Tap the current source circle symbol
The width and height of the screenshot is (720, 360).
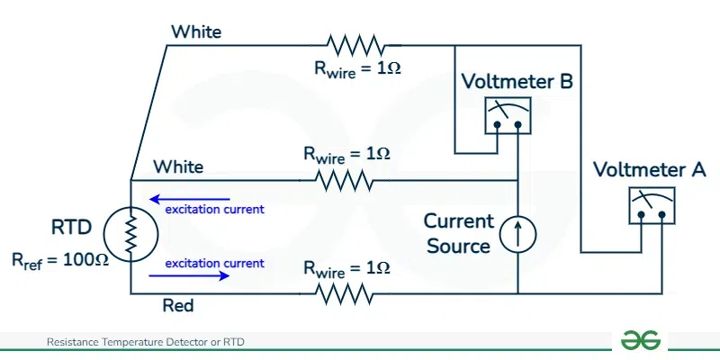518,234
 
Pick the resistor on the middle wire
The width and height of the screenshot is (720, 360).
345,180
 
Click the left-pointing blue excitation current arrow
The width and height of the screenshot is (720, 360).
190,199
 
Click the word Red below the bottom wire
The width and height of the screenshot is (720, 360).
178,306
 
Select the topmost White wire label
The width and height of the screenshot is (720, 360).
196,31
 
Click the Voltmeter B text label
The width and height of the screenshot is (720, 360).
517,83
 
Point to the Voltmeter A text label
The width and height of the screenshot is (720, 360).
650,170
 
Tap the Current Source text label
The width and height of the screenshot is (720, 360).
459,233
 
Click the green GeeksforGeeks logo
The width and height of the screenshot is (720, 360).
640,340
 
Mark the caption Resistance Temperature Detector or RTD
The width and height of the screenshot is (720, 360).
146,342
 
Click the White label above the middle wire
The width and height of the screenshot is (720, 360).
178,166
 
